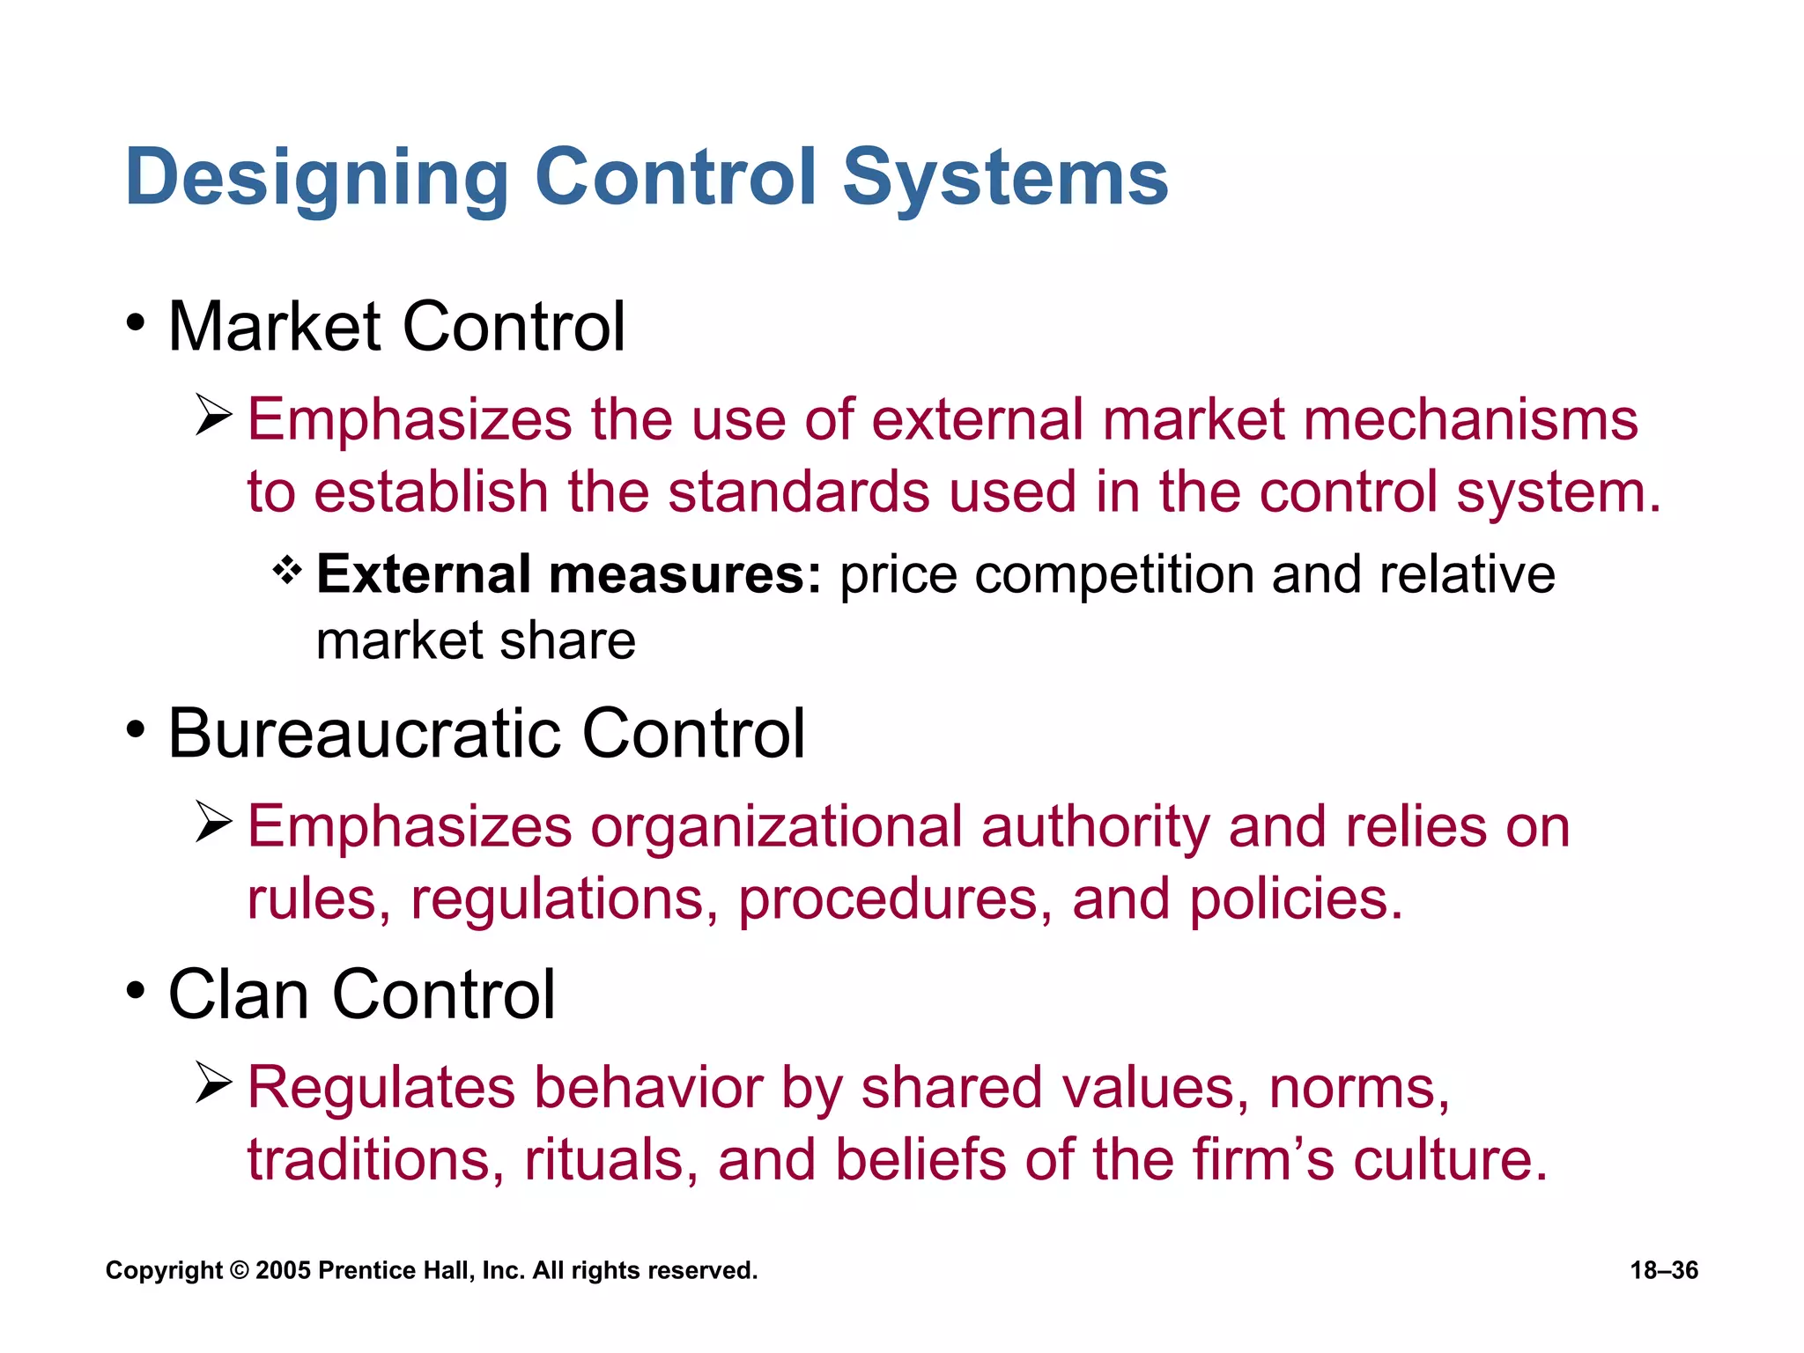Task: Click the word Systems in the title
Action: (x=1005, y=179)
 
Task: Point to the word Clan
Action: (x=238, y=994)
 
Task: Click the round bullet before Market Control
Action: (x=135, y=322)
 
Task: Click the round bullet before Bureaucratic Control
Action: (x=135, y=729)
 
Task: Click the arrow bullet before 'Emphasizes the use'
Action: (x=214, y=415)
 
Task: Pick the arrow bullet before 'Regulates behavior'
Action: (x=214, y=1083)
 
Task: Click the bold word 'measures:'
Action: (x=684, y=575)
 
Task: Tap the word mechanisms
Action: (x=1470, y=419)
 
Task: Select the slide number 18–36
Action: (x=1664, y=1270)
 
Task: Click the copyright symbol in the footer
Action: (x=239, y=1271)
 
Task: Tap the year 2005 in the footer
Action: (x=283, y=1270)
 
